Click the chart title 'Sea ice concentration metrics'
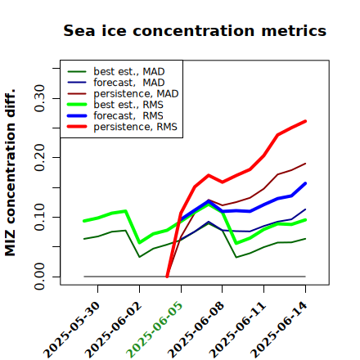tap(195, 30)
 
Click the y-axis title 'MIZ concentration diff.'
tap(10, 173)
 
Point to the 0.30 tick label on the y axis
tap(40, 98)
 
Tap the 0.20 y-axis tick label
tap(40, 157)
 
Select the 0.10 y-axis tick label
tap(40, 217)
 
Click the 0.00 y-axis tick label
tap(40, 277)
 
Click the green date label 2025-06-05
tap(155, 330)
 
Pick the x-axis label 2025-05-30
tap(71, 330)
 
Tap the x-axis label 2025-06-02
tap(113, 330)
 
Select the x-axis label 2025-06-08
tap(196, 330)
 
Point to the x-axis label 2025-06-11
tap(237, 330)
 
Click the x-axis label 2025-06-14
tap(279, 330)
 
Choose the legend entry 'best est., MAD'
tap(116, 71)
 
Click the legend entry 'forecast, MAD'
tap(116, 83)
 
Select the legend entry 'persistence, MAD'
tap(123, 93)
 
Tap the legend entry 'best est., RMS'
tap(115, 105)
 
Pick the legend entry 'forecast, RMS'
tap(115, 115)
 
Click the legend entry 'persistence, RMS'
tap(123, 127)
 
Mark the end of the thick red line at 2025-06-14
tap(305, 121)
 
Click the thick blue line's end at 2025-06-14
tap(305, 183)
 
